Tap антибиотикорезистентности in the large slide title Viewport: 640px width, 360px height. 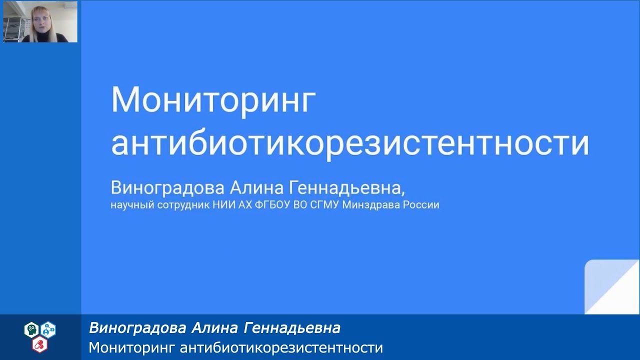point(349,143)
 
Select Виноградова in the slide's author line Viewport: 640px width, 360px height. point(168,188)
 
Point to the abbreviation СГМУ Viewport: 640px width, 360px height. point(323,205)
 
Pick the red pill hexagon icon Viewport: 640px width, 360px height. point(39,343)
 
